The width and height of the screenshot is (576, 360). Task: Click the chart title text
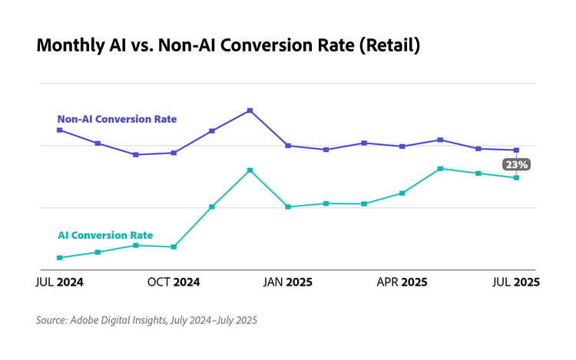pyautogui.click(x=228, y=46)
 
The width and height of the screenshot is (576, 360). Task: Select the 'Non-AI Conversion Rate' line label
pyautogui.click(x=117, y=119)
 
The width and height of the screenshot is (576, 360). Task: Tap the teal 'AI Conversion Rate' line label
pyautogui.click(x=105, y=236)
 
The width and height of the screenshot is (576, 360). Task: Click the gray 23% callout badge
pyautogui.click(x=516, y=164)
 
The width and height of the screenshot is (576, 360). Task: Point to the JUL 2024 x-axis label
pyautogui.click(x=60, y=282)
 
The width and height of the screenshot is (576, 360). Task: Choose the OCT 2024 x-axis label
pyautogui.click(x=174, y=282)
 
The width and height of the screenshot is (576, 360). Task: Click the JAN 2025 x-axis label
pyautogui.click(x=288, y=282)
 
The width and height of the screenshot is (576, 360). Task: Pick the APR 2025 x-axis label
pyautogui.click(x=402, y=282)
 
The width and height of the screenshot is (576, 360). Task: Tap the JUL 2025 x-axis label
pyautogui.click(x=516, y=282)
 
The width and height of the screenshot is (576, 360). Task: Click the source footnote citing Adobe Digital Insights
pyautogui.click(x=146, y=320)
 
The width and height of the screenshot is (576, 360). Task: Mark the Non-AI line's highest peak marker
pyautogui.click(x=250, y=111)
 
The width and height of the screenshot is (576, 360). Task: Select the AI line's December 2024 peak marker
pyautogui.click(x=250, y=170)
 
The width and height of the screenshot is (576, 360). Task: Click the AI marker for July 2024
pyautogui.click(x=60, y=258)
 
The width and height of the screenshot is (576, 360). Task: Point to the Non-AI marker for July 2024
pyautogui.click(x=60, y=130)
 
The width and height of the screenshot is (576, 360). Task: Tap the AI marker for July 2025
pyautogui.click(x=516, y=177)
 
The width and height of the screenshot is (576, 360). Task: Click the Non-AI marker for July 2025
pyautogui.click(x=516, y=150)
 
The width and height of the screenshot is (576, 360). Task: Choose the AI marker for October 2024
pyautogui.click(x=174, y=247)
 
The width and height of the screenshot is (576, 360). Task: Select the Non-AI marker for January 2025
pyautogui.click(x=288, y=145)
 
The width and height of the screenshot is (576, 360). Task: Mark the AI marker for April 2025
pyautogui.click(x=402, y=193)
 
